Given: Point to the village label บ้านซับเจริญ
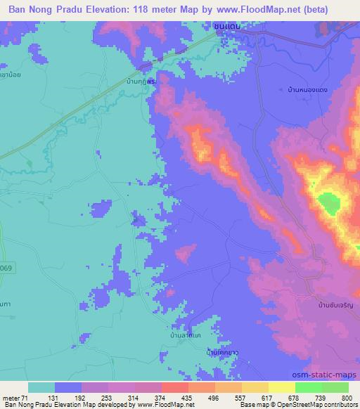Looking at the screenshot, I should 335,306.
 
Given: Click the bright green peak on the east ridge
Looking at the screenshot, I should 331,204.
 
